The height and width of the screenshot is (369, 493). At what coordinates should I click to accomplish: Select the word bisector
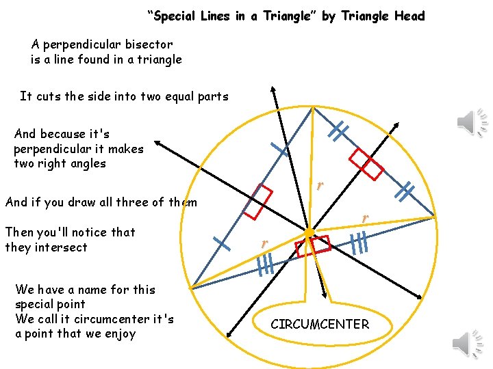point(145,44)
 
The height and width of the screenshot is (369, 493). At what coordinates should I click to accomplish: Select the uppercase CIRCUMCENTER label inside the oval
point(320,325)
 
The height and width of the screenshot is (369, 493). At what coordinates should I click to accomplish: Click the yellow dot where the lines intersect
point(309,233)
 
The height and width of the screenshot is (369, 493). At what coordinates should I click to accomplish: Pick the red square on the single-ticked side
point(257,202)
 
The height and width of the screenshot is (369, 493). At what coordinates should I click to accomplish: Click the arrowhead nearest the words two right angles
point(157,142)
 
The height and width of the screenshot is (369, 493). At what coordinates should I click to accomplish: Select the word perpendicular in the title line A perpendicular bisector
point(75,44)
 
